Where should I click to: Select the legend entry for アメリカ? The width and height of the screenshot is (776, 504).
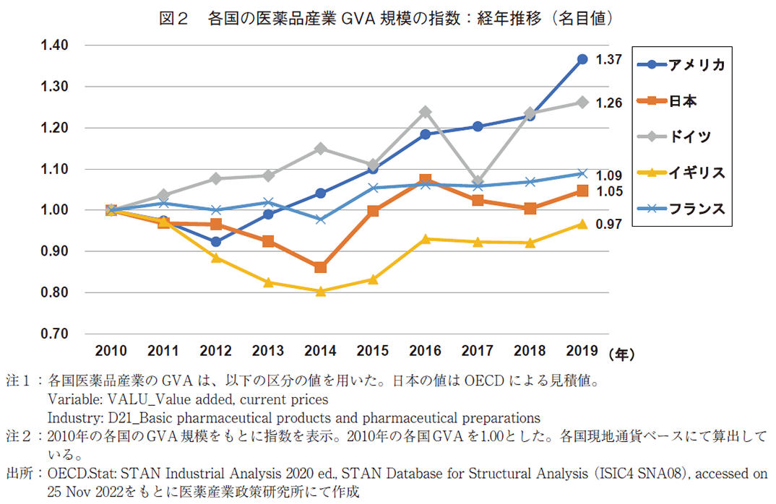pos(680,64)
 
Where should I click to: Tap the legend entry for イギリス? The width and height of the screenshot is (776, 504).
pos(680,173)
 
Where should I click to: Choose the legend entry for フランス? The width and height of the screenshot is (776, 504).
pos(680,209)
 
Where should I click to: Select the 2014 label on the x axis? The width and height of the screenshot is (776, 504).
pos(320,352)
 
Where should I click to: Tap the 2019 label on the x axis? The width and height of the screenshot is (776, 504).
pos(582,352)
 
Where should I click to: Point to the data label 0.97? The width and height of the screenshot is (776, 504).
pos(609,225)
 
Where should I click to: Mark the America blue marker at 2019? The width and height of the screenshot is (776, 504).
pos(582,59)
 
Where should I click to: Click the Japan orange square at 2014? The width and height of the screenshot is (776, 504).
pos(320,267)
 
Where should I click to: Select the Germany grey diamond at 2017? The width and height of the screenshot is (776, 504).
pos(478,182)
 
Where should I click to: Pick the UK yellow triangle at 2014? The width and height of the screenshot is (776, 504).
pos(320,291)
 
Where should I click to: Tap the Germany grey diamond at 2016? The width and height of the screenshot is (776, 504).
pos(425,112)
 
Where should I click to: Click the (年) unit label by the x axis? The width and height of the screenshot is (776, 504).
pos(621,354)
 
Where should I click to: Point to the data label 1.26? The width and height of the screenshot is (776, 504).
pos(609,103)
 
